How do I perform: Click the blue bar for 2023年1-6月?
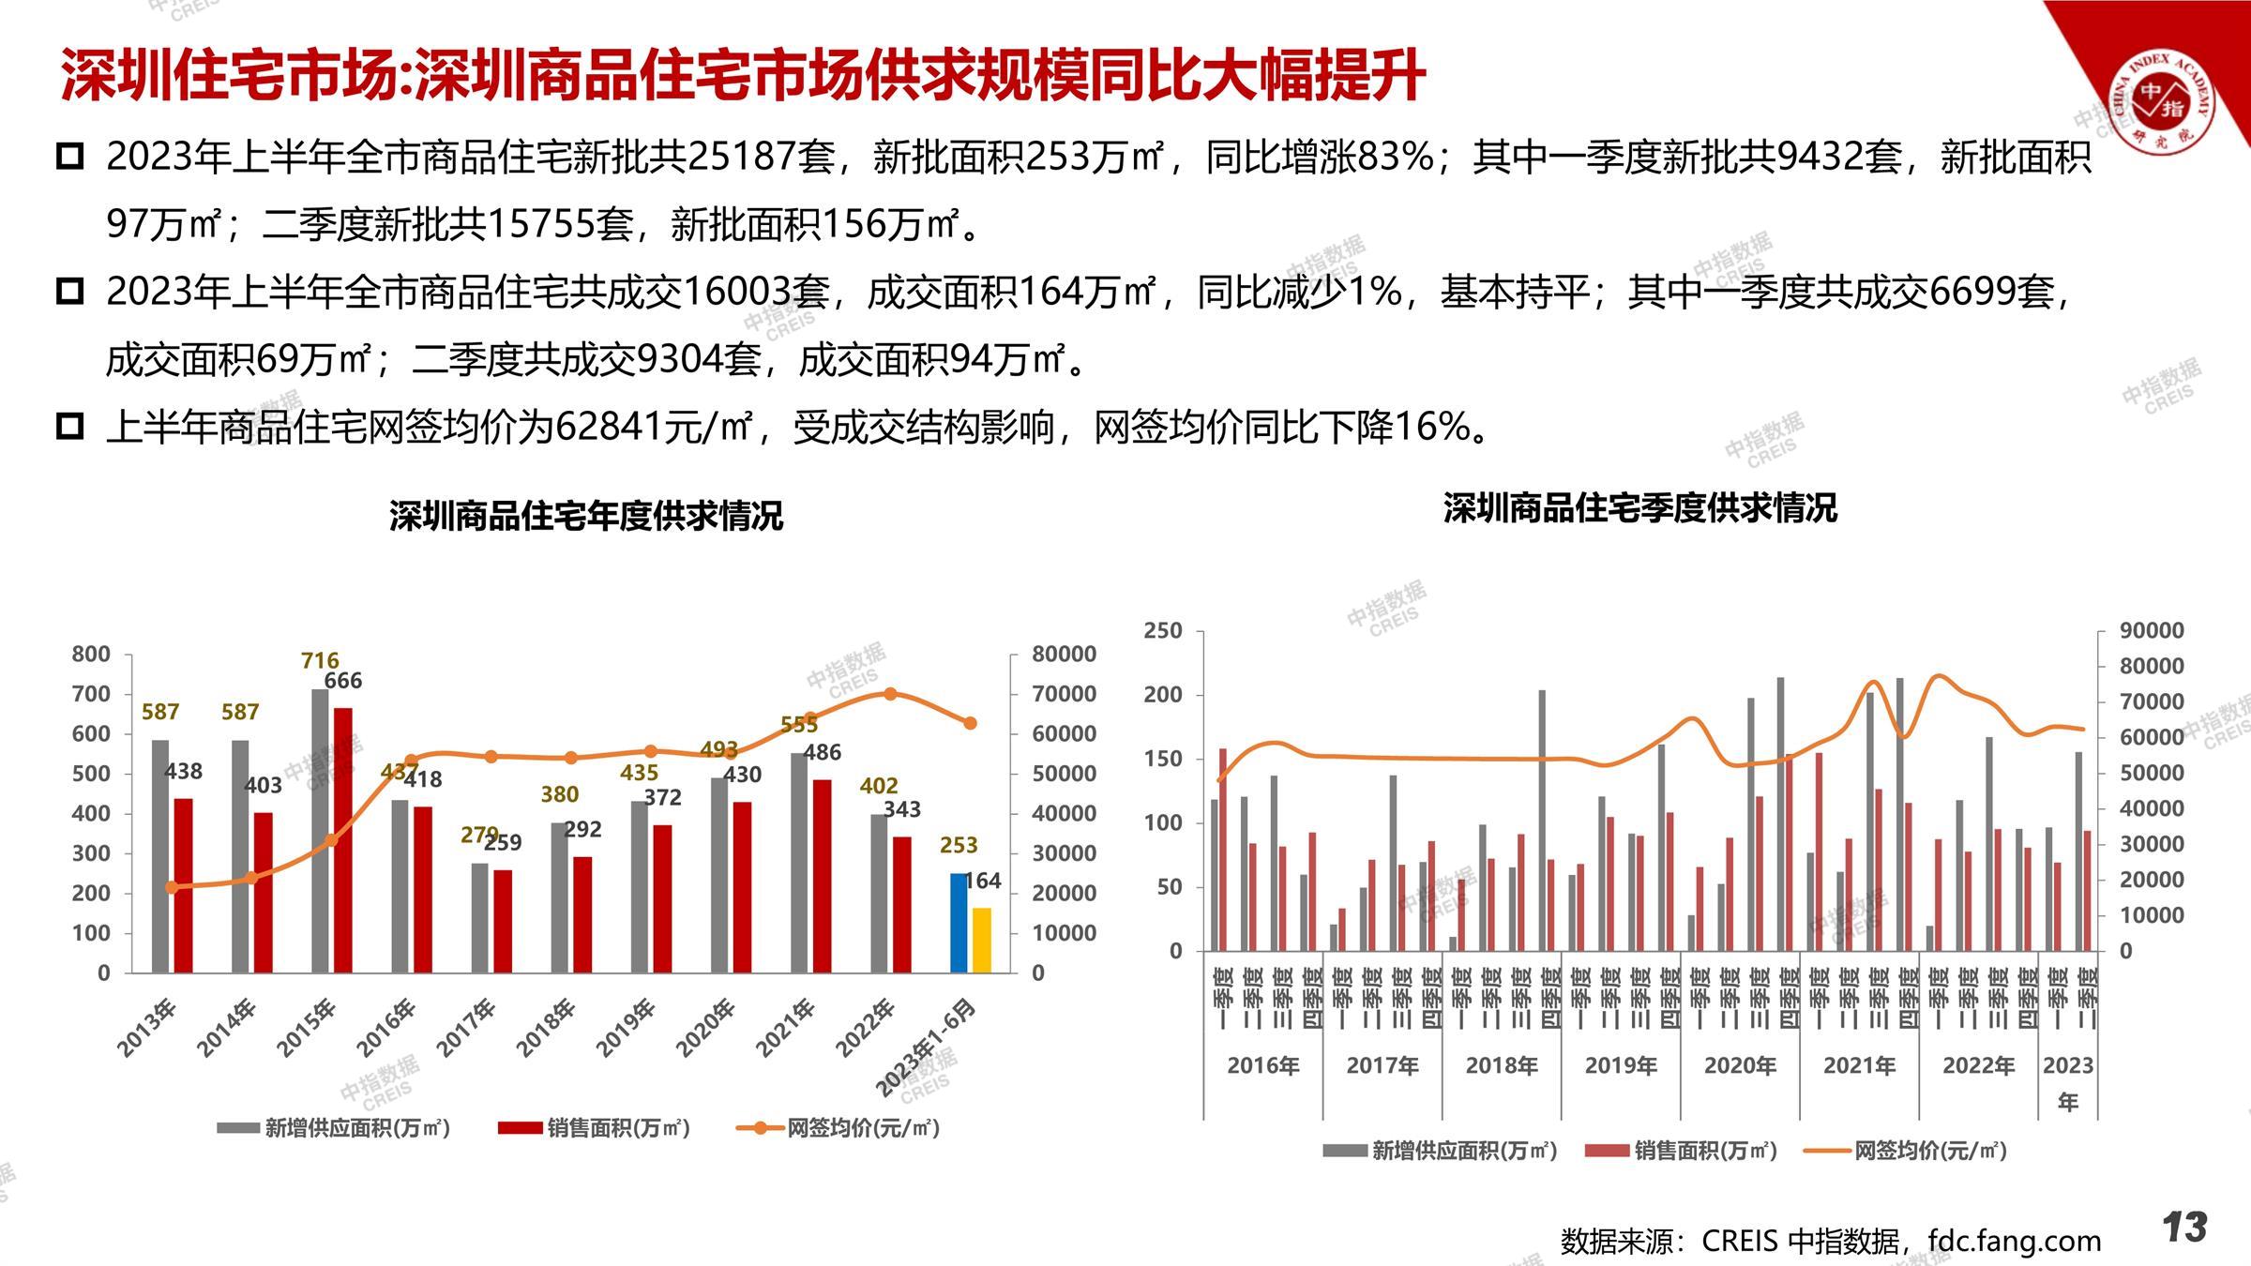(958, 923)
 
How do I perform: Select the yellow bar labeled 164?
(981, 940)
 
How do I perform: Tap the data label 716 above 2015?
(320, 660)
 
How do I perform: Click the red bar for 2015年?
(343, 840)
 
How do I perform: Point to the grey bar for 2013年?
(160, 855)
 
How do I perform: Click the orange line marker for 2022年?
(890, 694)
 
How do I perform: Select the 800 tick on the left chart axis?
(91, 654)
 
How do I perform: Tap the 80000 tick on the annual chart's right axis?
(1064, 654)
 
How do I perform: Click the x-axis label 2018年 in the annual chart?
(546, 1029)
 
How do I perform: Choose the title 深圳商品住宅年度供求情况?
(586, 516)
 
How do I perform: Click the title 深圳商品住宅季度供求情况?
(1639, 508)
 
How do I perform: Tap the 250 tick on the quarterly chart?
(1163, 631)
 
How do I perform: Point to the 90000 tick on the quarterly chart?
(2152, 631)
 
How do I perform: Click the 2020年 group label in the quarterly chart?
(1740, 1065)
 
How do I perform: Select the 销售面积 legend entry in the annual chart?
(596, 1127)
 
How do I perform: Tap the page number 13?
(2184, 1228)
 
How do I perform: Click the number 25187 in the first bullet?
(761, 157)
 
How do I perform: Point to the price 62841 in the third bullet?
(611, 428)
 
